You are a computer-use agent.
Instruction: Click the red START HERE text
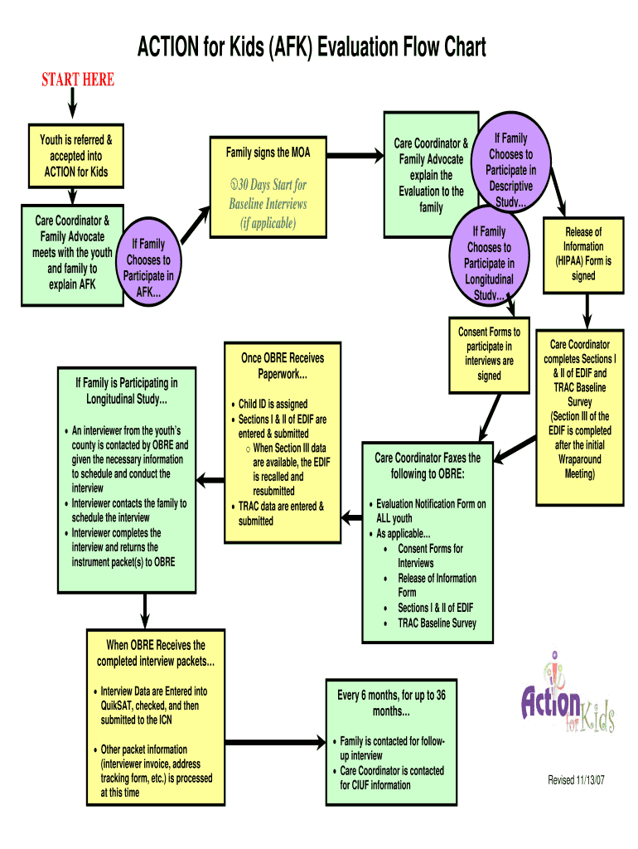(78, 80)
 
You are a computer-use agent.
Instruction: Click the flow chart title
(312, 47)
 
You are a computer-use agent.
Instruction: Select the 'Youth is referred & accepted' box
(76, 156)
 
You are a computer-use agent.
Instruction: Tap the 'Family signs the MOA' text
(268, 153)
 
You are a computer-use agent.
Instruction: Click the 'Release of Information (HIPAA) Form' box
(582, 254)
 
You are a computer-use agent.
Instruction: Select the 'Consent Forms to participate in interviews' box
(489, 354)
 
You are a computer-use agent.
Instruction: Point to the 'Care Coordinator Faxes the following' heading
(428, 465)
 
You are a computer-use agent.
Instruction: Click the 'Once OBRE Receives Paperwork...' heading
(283, 366)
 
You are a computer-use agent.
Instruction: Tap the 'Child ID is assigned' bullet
(273, 405)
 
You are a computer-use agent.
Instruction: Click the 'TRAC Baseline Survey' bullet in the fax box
(437, 623)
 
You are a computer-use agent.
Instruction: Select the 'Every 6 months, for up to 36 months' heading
(391, 703)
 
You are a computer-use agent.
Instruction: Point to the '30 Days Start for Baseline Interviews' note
(268, 204)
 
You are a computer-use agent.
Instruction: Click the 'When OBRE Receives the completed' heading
(156, 653)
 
